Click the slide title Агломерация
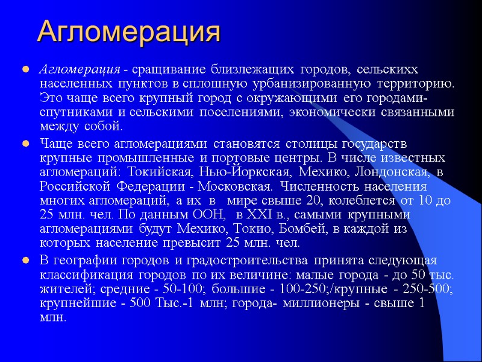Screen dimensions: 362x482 point(128,31)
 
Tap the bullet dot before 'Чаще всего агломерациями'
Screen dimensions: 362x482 point(26,144)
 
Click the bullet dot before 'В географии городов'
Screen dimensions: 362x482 point(26,261)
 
